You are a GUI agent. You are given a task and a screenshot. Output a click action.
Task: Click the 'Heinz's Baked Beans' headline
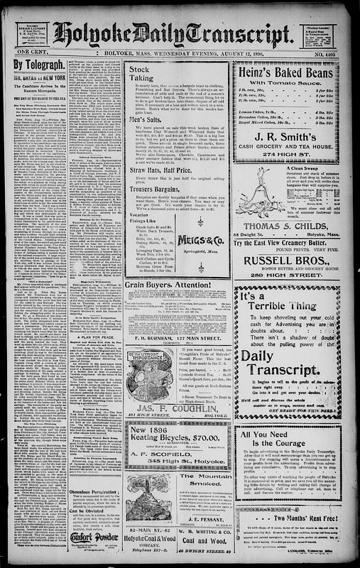point(294,68)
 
